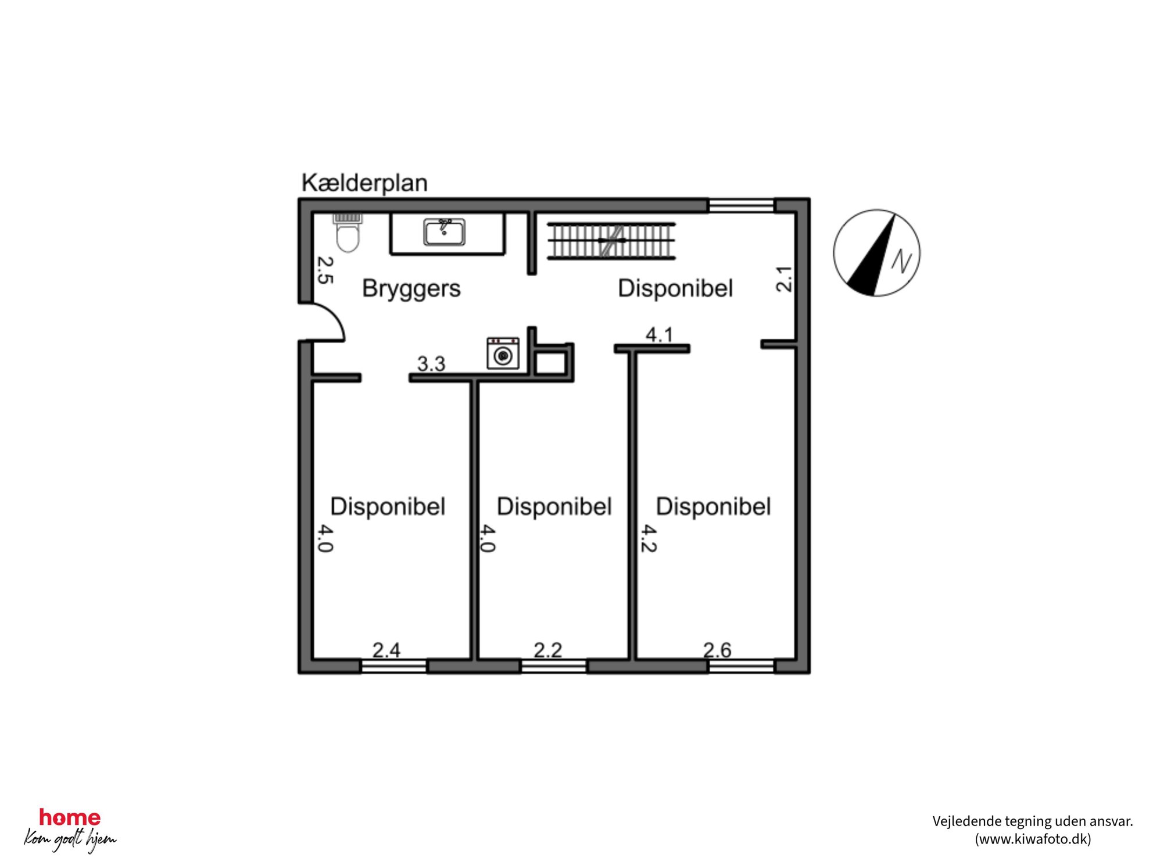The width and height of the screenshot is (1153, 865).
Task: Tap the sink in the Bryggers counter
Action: coord(444,232)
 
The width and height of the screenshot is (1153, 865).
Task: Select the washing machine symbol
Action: coord(503,353)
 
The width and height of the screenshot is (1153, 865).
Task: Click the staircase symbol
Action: coord(611,240)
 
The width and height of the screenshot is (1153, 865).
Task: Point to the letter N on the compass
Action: coord(901,261)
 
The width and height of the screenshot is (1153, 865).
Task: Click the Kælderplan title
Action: coord(364,183)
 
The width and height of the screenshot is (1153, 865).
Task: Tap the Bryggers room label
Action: coord(411,289)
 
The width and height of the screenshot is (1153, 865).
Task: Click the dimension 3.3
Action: coord(431,364)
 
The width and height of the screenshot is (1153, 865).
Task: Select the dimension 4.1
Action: coord(660,335)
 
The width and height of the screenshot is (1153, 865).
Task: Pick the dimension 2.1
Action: coord(784,279)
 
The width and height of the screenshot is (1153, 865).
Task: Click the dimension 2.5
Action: coord(325,270)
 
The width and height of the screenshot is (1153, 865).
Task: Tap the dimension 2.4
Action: coord(386,650)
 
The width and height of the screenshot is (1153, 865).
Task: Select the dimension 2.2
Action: coord(548,650)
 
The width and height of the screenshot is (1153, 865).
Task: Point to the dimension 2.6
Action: coord(717,650)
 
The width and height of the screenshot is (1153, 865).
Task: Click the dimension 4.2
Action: coord(649,538)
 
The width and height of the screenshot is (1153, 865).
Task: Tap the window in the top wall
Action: coord(742,206)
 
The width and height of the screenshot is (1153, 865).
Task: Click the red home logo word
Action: coord(70,818)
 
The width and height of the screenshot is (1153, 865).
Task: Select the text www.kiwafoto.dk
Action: coord(1033,839)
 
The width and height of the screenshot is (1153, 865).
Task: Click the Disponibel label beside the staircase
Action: coord(675,289)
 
